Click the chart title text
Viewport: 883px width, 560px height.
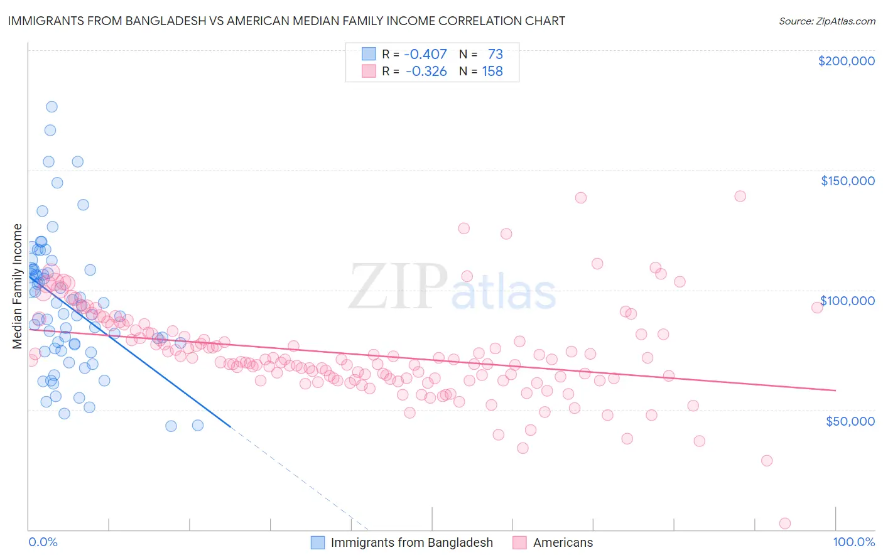pyautogui.click(x=286, y=21)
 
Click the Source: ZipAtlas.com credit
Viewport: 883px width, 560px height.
pyautogui.click(x=826, y=21)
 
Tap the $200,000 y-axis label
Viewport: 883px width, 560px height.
pyautogui.click(x=846, y=61)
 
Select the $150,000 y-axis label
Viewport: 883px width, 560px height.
pyautogui.click(x=847, y=181)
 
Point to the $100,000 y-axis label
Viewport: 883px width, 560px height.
pyautogui.click(x=847, y=301)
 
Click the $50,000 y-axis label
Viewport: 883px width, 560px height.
pyautogui.click(x=850, y=421)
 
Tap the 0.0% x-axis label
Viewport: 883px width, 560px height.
pyautogui.click(x=43, y=542)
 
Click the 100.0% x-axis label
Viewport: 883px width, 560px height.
pyautogui.click(x=853, y=542)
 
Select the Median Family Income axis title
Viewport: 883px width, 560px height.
pyautogui.click(x=18, y=286)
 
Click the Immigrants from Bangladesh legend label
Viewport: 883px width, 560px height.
pyautogui.click(x=411, y=542)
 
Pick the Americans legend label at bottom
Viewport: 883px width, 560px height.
pyautogui.click(x=563, y=542)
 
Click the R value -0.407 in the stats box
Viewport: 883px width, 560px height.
pyautogui.click(x=425, y=55)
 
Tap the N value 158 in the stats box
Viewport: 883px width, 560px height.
pyautogui.click(x=492, y=72)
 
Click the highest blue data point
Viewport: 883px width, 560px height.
pyautogui.click(x=51, y=107)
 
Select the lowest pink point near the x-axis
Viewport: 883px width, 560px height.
pyautogui.click(x=784, y=523)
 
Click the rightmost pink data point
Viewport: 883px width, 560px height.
pyautogui.click(x=817, y=307)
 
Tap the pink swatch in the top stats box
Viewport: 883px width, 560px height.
pyautogui.click(x=369, y=72)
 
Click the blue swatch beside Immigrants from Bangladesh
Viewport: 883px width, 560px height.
pyautogui.click(x=318, y=542)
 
